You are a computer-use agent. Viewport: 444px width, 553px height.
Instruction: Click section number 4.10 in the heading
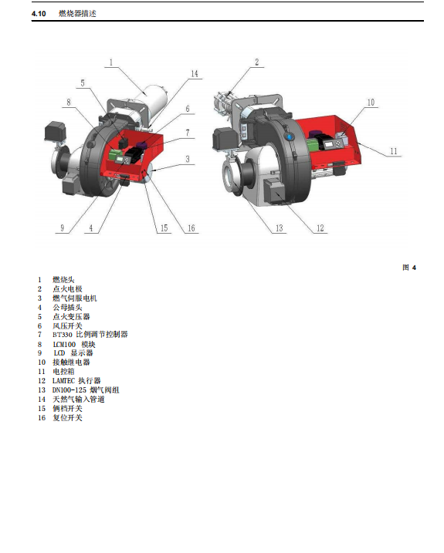[x=39, y=14]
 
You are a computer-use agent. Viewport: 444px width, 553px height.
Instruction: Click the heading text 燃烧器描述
[x=77, y=14]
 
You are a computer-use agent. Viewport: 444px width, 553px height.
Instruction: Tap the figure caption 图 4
[x=409, y=268]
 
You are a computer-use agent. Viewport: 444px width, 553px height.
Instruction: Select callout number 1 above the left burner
[x=111, y=62]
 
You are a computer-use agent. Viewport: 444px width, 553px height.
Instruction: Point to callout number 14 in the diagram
[x=195, y=74]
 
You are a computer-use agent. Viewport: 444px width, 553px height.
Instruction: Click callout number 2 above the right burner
[x=257, y=62]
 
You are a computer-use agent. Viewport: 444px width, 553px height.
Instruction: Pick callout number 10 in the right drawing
[x=371, y=103]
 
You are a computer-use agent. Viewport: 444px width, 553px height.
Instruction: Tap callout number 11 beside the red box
[x=394, y=151]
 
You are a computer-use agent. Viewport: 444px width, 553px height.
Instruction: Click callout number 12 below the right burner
[x=320, y=228]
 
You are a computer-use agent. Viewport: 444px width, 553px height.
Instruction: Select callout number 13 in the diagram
[x=279, y=228]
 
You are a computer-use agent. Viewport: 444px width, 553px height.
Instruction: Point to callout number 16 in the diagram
[x=191, y=228]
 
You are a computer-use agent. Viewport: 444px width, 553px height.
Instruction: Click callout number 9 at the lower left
[x=63, y=228]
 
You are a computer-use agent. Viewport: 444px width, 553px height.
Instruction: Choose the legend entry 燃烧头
[x=63, y=280]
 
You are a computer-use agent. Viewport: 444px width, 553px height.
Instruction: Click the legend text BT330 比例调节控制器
[x=90, y=334]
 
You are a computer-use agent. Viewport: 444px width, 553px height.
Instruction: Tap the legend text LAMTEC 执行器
[x=76, y=381]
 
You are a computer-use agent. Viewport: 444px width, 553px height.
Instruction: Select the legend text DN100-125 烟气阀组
[x=86, y=390]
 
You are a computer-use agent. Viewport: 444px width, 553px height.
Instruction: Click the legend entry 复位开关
[x=67, y=418]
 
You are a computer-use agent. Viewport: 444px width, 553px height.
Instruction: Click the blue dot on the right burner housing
[x=290, y=137]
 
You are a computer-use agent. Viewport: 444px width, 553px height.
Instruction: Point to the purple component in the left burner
[x=142, y=144]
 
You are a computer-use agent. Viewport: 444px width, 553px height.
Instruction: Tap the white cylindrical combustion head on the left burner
[x=154, y=99]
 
